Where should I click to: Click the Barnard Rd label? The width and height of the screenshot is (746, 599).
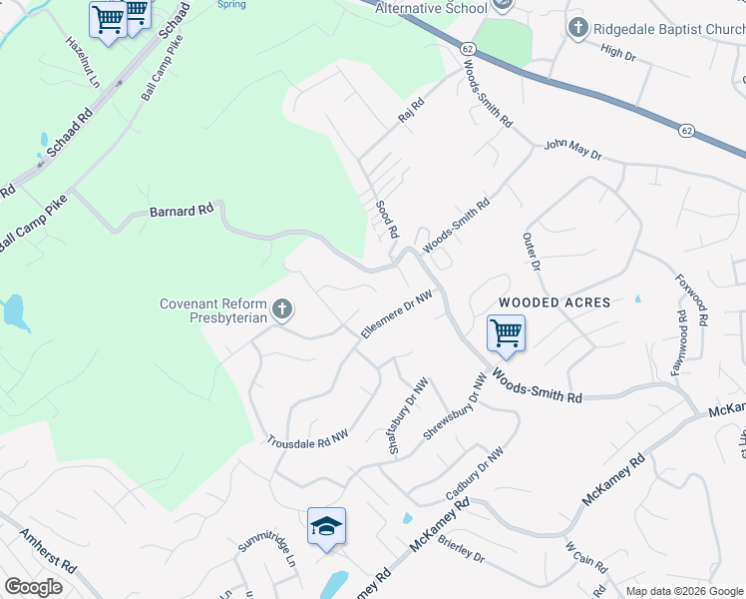click(182, 211)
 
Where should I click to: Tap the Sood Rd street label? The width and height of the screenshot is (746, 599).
click(386, 219)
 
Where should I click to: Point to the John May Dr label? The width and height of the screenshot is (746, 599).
click(572, 150)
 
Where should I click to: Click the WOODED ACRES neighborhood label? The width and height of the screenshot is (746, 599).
click(555, 301)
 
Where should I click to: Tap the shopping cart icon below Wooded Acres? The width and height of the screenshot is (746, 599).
click(506, 333)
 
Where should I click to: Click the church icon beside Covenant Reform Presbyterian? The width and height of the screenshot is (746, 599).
click(282, 310)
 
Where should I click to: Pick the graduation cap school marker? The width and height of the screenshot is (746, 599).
click(326, 525)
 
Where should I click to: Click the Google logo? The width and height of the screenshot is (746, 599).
click(33, 587)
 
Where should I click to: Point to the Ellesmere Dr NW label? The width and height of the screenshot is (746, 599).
click(396, 315)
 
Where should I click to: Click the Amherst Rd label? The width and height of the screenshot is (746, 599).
click(47, 550)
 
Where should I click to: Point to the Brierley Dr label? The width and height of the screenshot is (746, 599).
click(461, 551)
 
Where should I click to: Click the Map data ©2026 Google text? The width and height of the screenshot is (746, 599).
click(684, 591)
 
